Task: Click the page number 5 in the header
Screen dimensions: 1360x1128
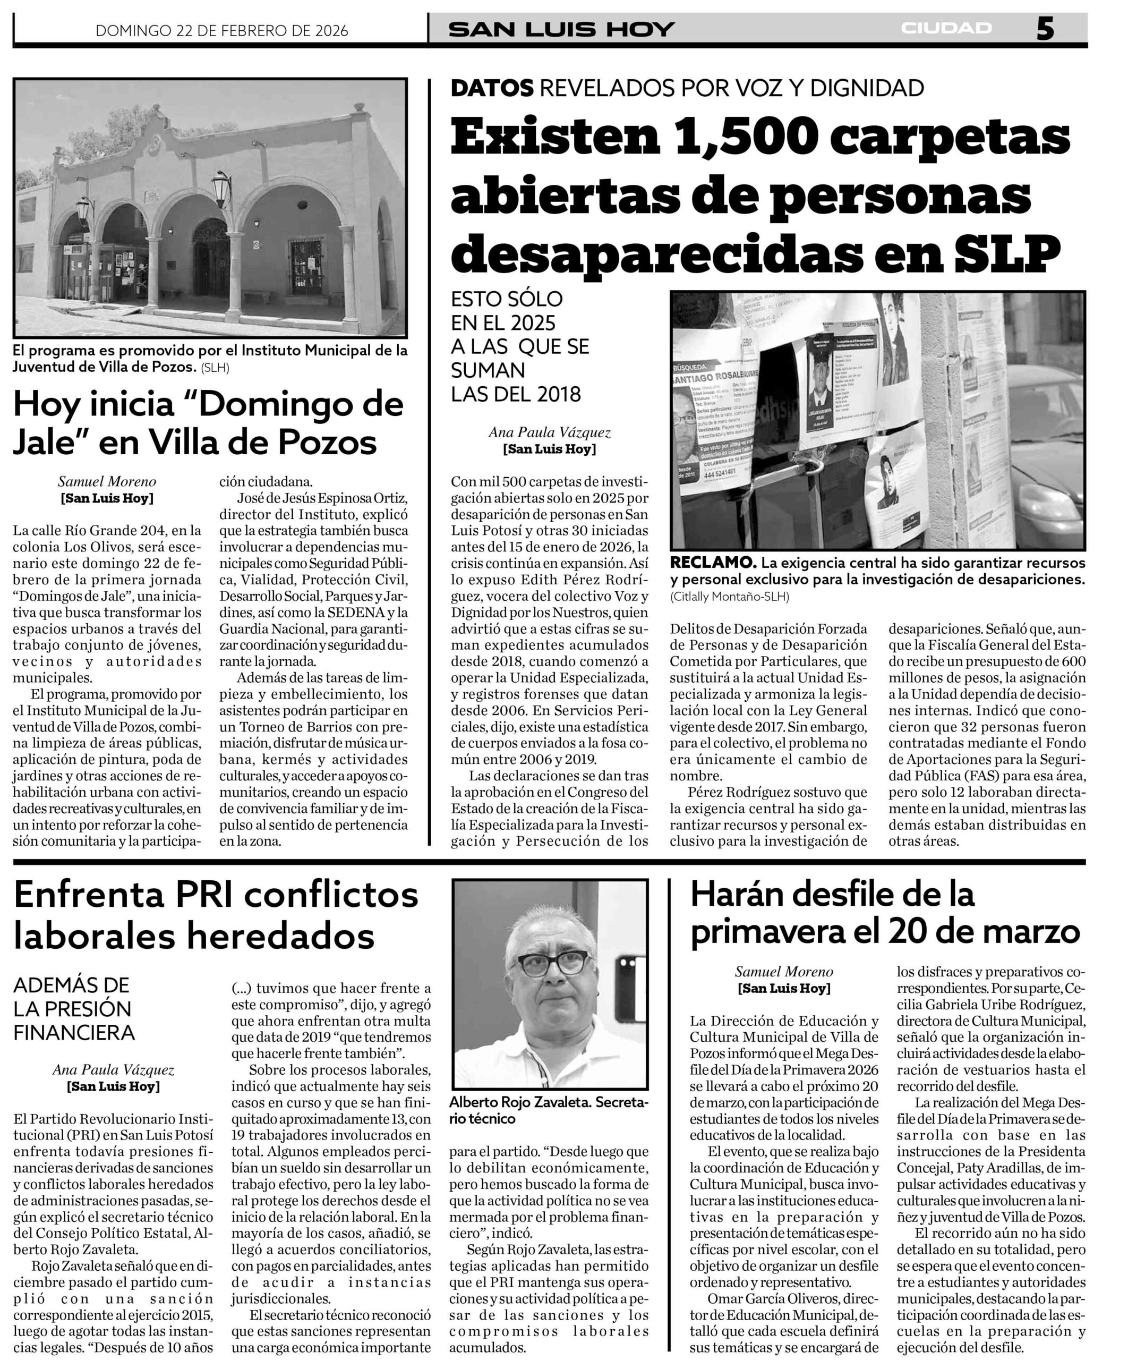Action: click(1045, 29)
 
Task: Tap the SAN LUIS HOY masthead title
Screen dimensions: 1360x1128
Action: click(561, 29)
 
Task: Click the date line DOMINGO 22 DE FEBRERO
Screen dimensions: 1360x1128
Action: click(221, 30)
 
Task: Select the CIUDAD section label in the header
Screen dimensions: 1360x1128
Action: click(946, 29)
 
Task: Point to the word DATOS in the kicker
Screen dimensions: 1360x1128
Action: click(492, 88)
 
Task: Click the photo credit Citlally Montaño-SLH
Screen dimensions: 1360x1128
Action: click(730, 597)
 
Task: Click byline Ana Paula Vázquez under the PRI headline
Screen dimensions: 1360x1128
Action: click(113, 1070)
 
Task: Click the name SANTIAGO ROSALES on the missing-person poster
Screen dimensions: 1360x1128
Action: click(709, 378)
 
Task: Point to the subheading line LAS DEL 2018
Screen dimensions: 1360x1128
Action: click(516, 394)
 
